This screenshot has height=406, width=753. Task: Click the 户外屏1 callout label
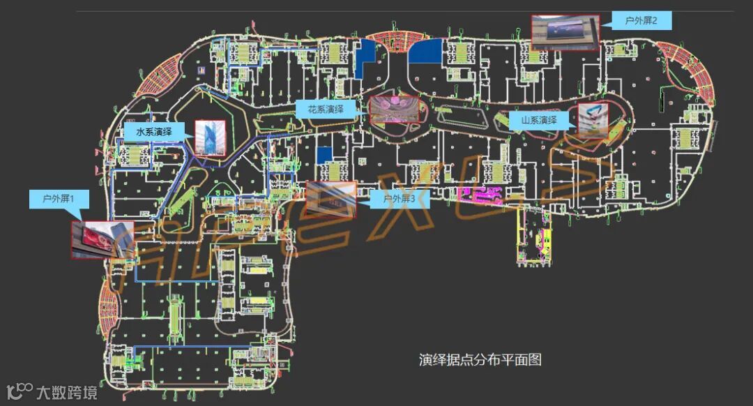59,199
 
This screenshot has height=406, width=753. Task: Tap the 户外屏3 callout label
399,199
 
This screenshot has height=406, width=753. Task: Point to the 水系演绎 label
154,131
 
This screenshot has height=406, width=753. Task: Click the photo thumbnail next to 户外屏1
91,241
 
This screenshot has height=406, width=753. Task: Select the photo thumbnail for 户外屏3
331,200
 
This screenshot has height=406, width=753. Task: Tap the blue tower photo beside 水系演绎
210,138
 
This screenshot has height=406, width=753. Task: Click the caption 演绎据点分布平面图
480,360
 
